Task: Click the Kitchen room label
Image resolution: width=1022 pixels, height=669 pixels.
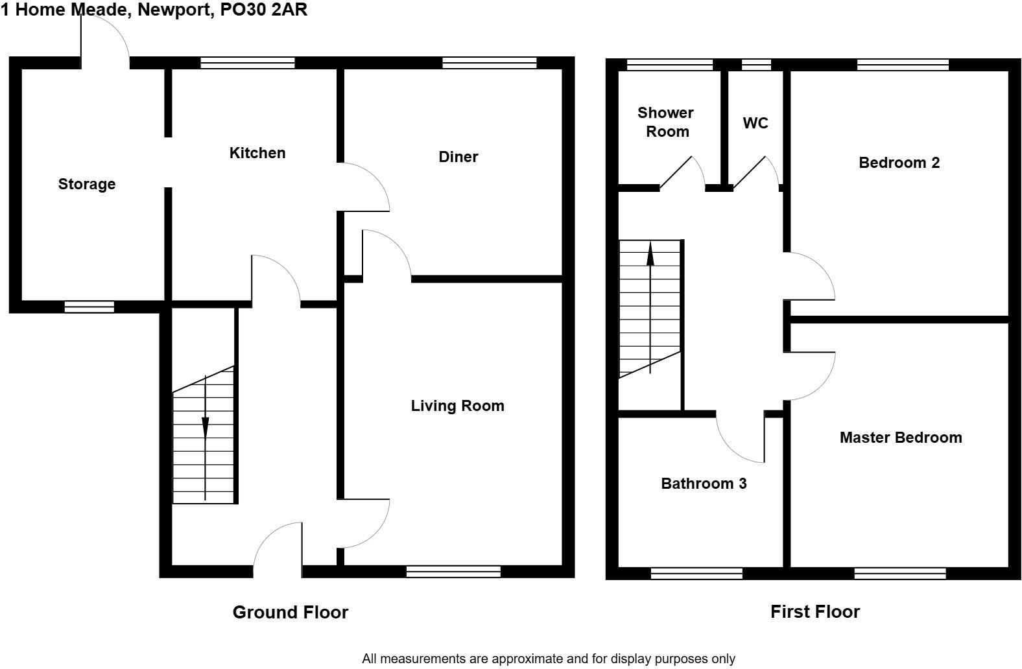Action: click(257, 153)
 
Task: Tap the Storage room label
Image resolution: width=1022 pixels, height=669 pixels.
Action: click(87, 184)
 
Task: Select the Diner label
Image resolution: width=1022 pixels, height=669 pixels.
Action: click(458, 157)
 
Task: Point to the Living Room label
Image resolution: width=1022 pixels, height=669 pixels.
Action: click(457, 406)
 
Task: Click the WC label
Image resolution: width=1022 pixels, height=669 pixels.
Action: click(755, 123)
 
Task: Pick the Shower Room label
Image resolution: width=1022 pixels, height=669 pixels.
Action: click(666, 122)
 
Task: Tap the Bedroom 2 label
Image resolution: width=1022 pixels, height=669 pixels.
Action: click(899, 163)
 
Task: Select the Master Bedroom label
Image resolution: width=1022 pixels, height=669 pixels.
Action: click(901, 438)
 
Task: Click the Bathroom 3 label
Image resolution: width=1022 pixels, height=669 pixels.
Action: click(704, 484)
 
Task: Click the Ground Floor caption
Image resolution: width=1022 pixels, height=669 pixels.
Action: click(291, 612)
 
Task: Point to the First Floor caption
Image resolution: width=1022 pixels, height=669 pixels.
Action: click(815, 611)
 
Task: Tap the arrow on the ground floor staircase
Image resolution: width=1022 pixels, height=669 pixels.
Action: click(205, 428)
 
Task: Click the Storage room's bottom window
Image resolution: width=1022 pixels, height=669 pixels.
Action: click(89, 307)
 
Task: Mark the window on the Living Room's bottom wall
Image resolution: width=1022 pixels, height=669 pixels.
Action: click(453, 571)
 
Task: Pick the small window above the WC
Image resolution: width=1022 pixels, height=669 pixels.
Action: click(756, 64)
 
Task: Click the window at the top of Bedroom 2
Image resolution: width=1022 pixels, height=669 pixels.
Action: click(903, 64)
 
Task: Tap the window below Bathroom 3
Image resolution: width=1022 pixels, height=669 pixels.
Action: click(696, 573)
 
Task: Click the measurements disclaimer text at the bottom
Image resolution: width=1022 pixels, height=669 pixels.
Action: click(549, 659)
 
